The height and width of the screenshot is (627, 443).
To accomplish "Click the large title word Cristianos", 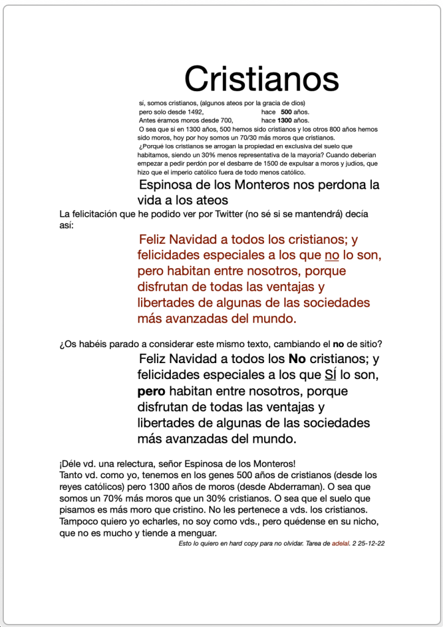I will pyautogui.click(x=262, y=79).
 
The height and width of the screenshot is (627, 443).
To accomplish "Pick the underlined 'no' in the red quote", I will pyautogui.click(x=331, y=255).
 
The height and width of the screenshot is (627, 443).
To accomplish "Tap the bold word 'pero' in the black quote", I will pyautogui.click(x=151, y=390).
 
